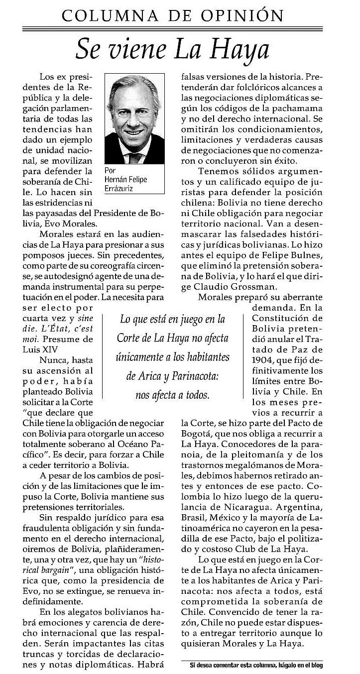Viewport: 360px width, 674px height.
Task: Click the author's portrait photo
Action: click(x=134, y=119)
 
